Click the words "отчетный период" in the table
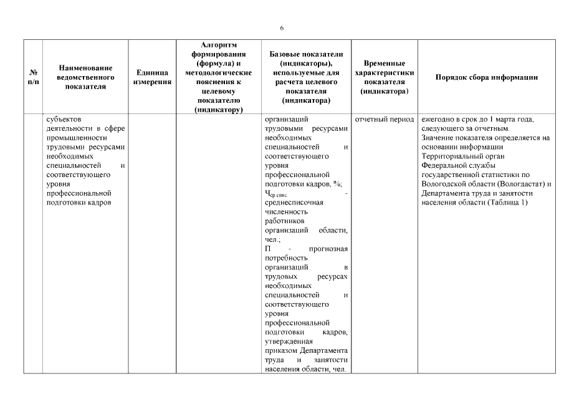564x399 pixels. tap(385, 119)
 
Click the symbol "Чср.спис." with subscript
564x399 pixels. tap(275, 194)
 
